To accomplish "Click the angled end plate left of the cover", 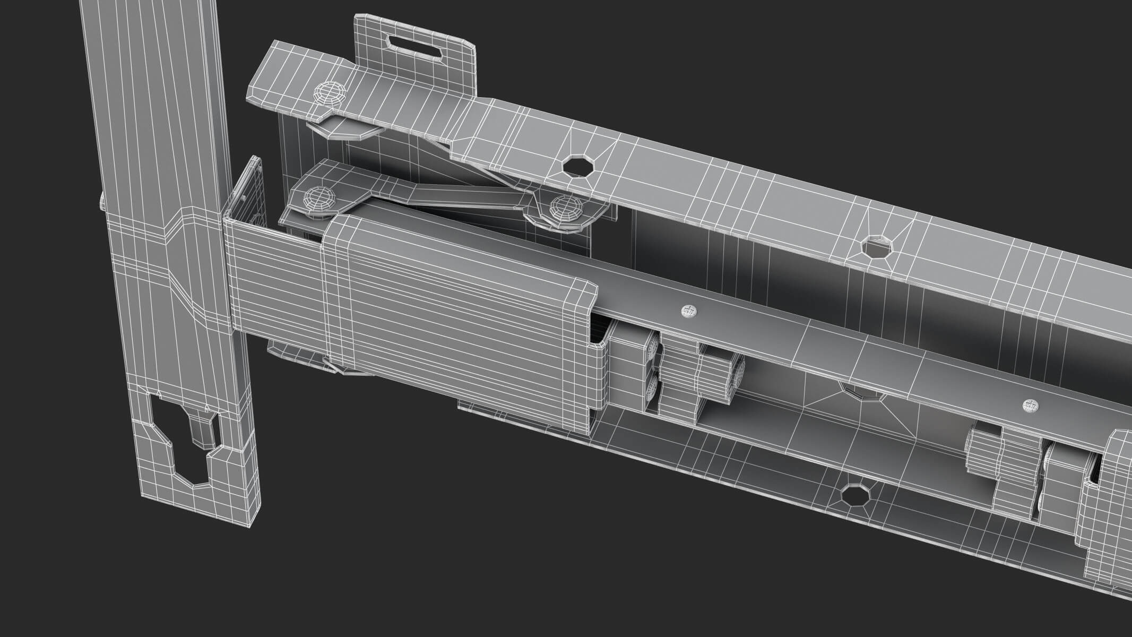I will click(245, 196).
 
